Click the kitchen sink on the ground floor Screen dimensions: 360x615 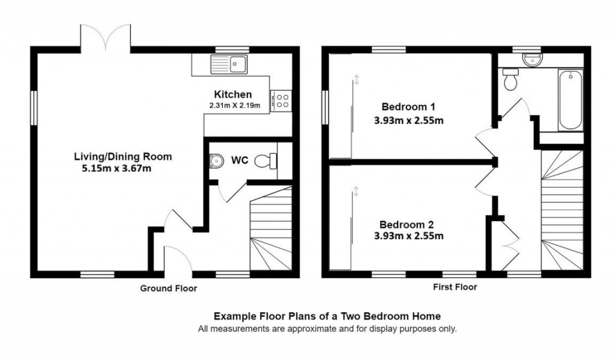229,63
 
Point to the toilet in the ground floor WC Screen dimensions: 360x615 265,160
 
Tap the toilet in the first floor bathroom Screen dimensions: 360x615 511,80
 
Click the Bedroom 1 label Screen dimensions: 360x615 408,107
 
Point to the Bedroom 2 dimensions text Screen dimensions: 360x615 408,236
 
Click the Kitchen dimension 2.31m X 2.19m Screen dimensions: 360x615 234,106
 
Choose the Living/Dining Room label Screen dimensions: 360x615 123,156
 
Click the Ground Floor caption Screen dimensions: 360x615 168,288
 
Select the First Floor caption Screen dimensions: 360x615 455,287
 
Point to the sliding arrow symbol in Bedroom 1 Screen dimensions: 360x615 356,80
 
